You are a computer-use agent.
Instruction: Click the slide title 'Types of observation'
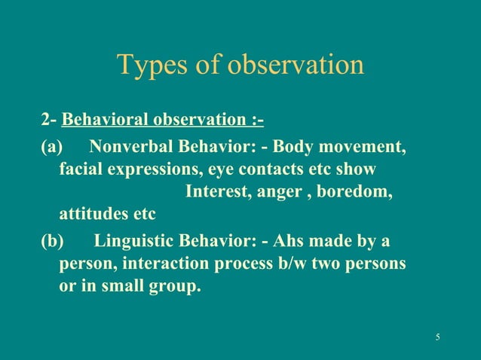(x=240, y=66)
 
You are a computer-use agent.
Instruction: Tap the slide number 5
(x=438, y=335)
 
